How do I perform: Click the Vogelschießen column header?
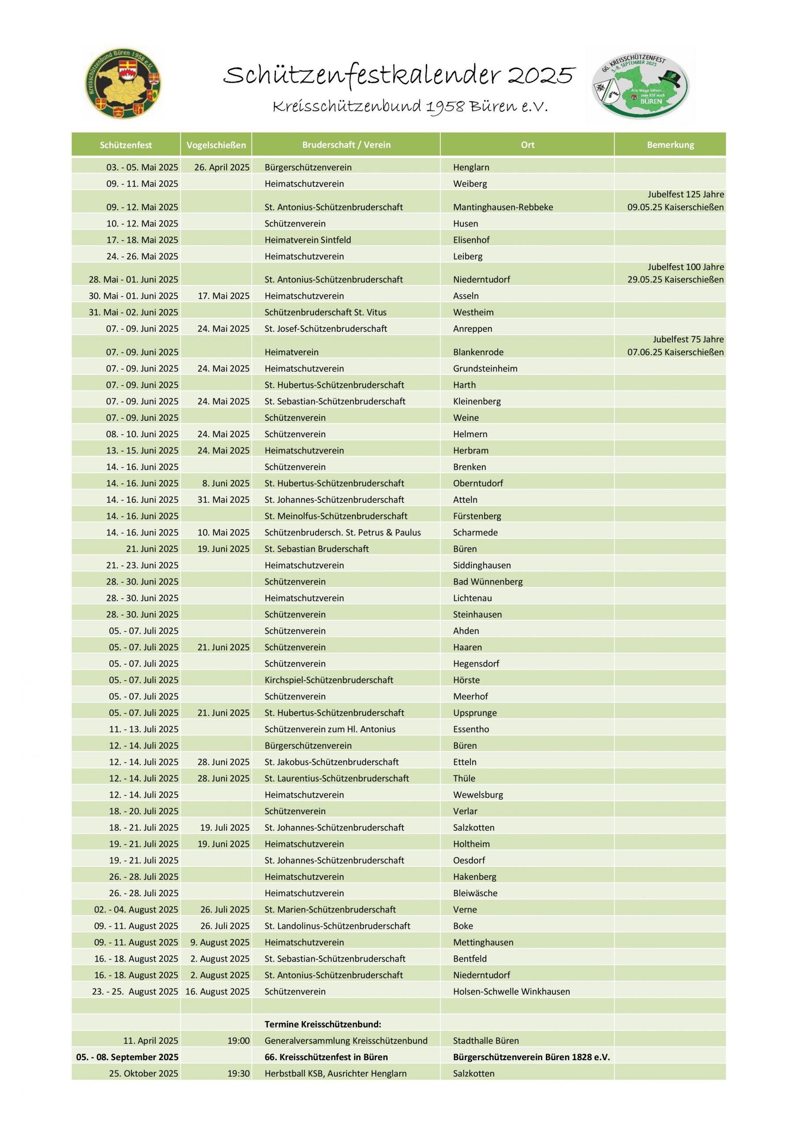point(216,145)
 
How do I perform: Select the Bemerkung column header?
point(670,145)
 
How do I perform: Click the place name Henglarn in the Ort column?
point(471,167)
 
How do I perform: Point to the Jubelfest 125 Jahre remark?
point(686,195)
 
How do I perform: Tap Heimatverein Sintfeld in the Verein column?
point(307,240)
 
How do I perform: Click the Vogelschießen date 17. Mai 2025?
point(223,296)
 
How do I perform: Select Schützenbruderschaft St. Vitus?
point(325,312)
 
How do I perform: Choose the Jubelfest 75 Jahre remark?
point(688,339)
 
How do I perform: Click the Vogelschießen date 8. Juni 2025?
point(226,483)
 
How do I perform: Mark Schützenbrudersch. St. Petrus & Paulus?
point(342,533)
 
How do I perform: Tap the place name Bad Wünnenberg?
point(487,582)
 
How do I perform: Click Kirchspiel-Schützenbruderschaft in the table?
point(328,680)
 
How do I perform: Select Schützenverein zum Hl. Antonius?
point(329,729)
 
